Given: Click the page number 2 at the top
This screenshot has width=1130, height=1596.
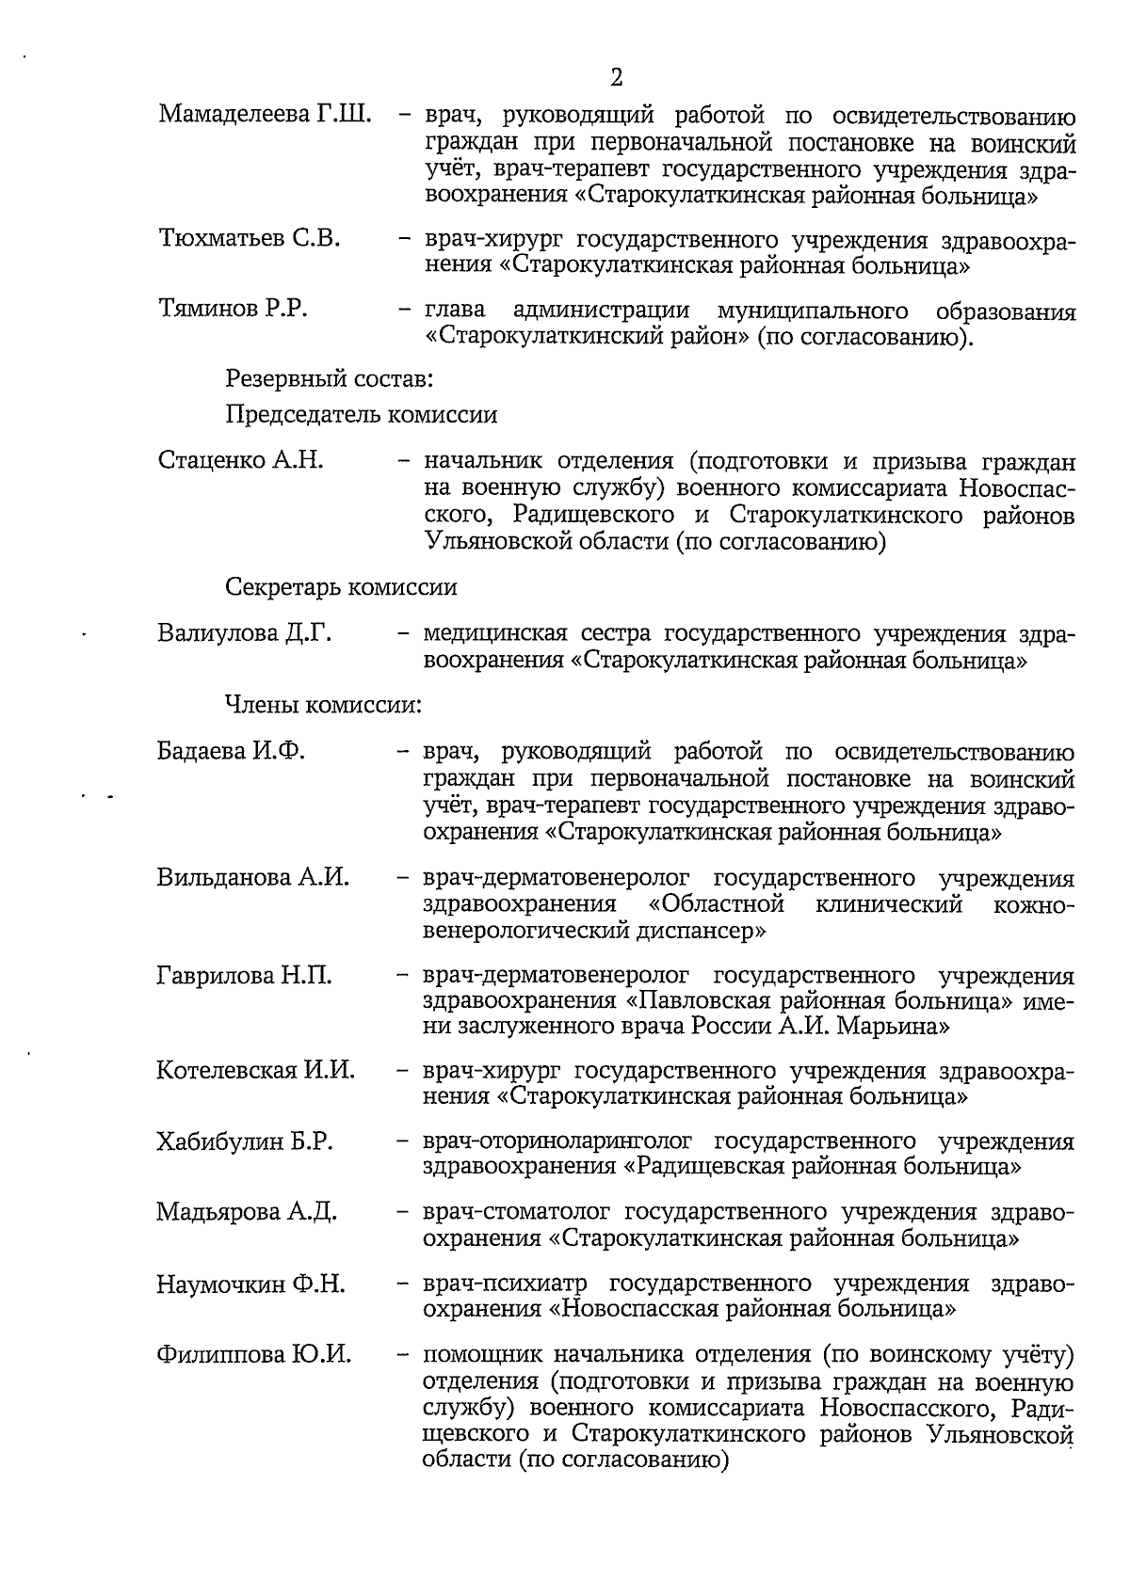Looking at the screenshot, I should pos(617,76).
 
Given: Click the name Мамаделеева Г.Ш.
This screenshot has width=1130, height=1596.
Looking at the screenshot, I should pos(265,116).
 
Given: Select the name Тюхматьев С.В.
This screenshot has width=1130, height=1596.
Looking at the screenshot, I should pos(250,239).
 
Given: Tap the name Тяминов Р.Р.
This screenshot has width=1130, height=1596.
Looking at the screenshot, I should pos(233,310).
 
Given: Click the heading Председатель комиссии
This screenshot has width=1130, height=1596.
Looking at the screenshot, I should pos(361,415).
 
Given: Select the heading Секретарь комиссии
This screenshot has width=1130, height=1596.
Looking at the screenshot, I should pos(341,588).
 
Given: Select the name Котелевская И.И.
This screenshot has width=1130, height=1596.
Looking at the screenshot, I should pos(255,1071).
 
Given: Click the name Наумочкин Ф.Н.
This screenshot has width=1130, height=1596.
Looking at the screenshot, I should pos(250,1284).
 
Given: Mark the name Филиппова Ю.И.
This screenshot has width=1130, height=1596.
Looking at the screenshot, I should pos(253,1355).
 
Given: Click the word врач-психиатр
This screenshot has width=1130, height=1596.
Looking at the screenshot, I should pos(505,1285).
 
